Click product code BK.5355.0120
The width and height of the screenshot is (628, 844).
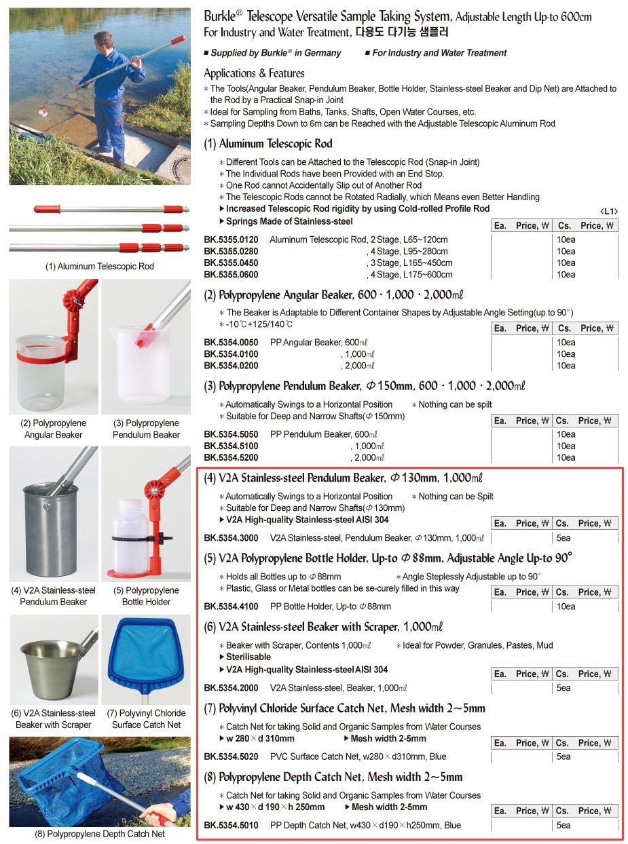pos(231,239)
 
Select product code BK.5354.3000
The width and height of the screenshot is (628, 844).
pos(231,537)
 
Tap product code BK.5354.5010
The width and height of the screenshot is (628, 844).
pos(231,825)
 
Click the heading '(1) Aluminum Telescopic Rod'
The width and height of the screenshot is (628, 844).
pos(268,144)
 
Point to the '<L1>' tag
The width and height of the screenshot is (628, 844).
pos(609,212)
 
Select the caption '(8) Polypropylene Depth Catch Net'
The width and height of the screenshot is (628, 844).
pos(100,834)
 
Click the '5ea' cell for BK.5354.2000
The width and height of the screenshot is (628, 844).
pos(564,688)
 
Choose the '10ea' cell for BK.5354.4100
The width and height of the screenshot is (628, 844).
pos(566,606)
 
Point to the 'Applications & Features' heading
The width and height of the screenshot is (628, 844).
pos(254,73)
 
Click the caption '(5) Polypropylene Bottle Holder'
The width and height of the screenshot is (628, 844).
pos(146,596)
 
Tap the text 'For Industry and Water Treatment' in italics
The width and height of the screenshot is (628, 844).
pos(439,53)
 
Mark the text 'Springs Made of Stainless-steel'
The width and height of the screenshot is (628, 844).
pos(289,221)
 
